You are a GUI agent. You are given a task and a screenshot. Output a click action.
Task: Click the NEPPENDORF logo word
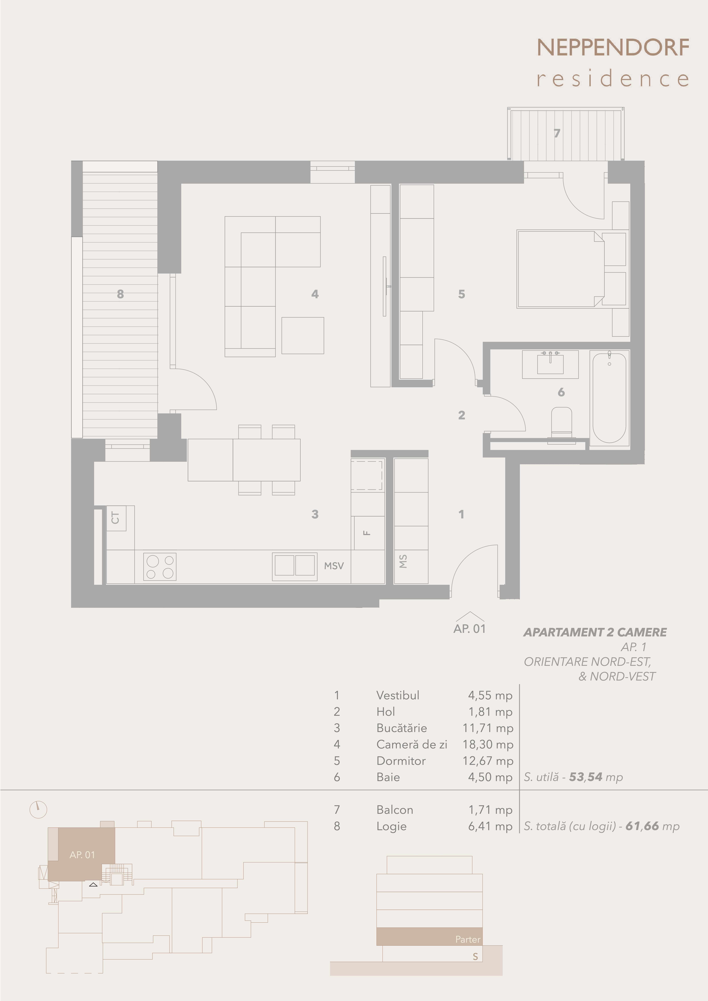(x=613, y=48)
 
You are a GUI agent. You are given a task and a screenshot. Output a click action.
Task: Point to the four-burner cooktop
(x=160, y=567)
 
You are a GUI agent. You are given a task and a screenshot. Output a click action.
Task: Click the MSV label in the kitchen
(x=334, y=566)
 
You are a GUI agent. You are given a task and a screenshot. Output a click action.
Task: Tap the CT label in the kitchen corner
(x=115, y=518)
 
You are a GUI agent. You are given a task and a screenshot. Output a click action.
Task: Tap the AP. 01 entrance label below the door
(x=469, y=629)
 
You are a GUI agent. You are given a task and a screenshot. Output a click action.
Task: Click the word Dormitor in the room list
(x=401, y=761)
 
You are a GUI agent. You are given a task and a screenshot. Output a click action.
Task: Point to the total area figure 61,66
(x=642, y=826)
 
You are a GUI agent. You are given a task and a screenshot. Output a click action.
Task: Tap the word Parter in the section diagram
(x=468, y=939)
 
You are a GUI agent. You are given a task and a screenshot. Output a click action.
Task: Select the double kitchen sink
(x=294, y=567)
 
